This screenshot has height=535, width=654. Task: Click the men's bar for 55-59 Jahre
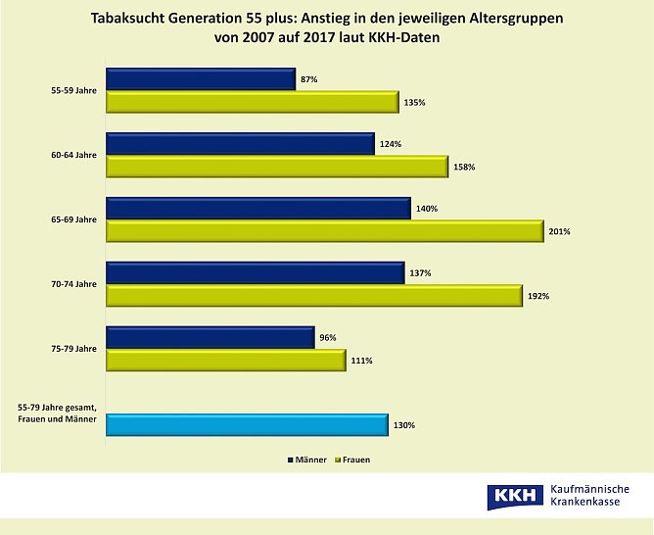click(x=201, y=79)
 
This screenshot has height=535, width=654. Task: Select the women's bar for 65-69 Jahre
click(x=323, y=231)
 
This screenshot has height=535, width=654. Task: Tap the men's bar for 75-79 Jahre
click(x=210, y=338)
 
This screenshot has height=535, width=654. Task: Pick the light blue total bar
click(x=247, y=425)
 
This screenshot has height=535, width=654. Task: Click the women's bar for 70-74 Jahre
click(x=313, y=296)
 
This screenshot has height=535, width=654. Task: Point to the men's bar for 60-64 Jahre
click(x=240, y=144)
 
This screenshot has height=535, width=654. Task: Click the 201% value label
click(x=559, y=232)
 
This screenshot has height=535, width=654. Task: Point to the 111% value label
click(x=361, y=361)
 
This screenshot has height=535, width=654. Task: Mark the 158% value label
click(x=464, y=167)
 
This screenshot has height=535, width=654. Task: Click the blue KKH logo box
click(x=513, y=497)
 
